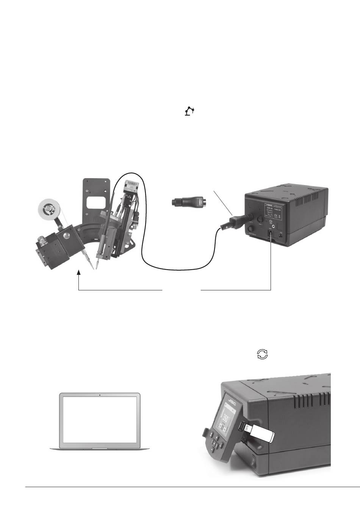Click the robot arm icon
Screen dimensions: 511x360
tap(189, 111)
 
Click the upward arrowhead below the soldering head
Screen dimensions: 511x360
tap(78, 272)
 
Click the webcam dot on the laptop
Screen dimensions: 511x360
tap(99, 395)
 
